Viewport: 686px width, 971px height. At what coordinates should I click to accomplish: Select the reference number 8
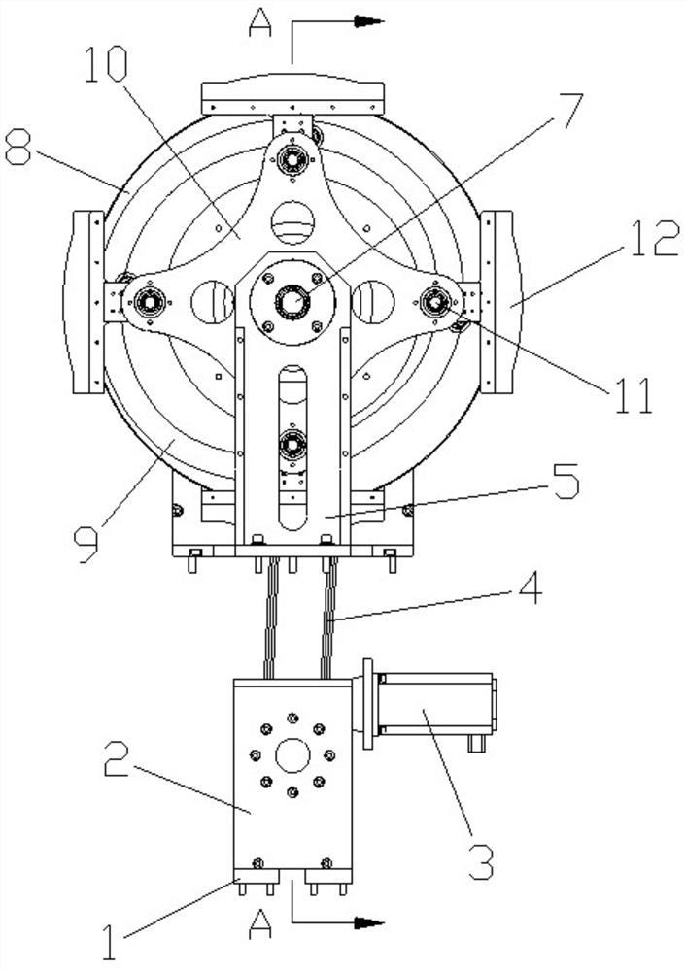(x=17, y=147)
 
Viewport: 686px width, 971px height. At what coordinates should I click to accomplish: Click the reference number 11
(x=633, y=395)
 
